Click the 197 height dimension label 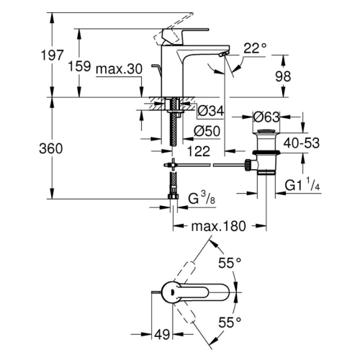click(53, 55)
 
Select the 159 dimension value click(79, 66)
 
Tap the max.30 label click(119, 69)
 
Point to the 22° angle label click(255, 48)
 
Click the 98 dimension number click(283, 76)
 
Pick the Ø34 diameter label click(211, 111)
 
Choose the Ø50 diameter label click(207, 131)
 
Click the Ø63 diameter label click(266, 117)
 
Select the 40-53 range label click(302, 143)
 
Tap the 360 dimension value click(51, 148)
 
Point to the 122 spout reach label click(199, 151)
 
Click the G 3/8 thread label click(202, 199)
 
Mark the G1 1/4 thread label click(302, 185)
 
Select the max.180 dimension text click(219, 226)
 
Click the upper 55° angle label click(230, 263)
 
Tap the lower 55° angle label click(230, 323)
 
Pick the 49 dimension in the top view click(162, 334)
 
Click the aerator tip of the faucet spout click(223, 55)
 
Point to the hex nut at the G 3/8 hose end click(173, 197)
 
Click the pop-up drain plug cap click(266, 131)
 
